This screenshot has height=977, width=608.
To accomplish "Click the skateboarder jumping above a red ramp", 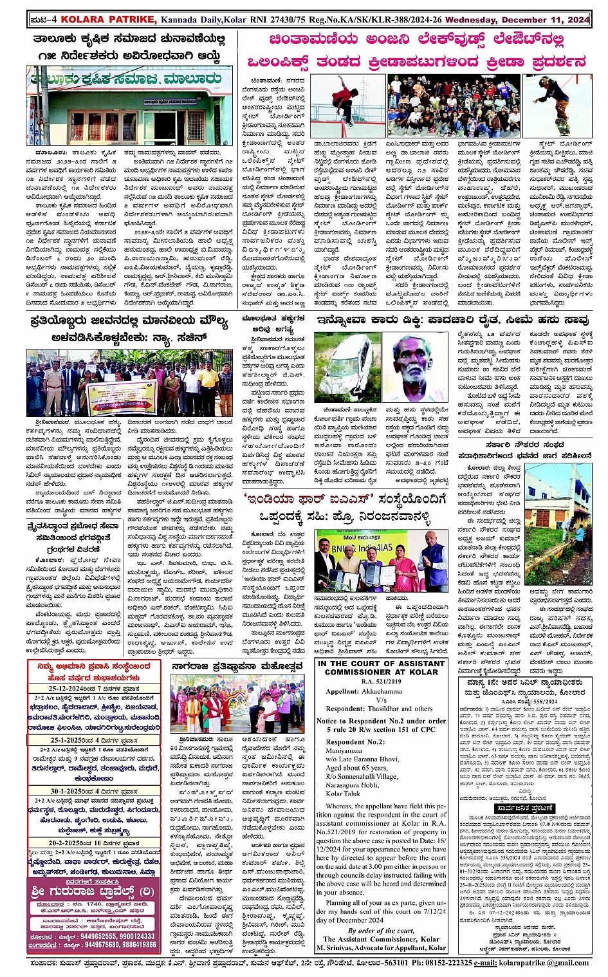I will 348,106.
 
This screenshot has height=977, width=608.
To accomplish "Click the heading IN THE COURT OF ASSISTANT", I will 381,664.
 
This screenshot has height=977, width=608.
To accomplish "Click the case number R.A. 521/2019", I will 381,681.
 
